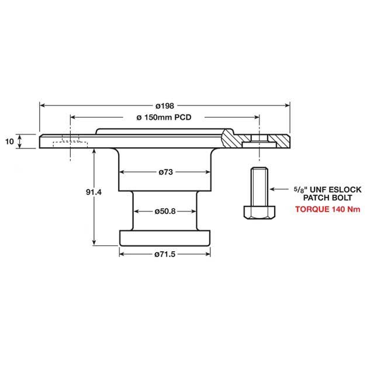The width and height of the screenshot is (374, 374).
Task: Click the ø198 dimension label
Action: [164, 106]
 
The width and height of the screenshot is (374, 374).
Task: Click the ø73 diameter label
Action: [165, 172]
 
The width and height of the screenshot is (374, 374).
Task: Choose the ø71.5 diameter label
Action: [165, 254]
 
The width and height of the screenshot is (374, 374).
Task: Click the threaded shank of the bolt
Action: [259, 186]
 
